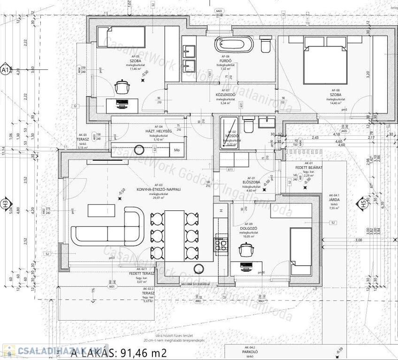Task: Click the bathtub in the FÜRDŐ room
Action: click(234, 45)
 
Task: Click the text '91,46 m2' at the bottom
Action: click(144, 353)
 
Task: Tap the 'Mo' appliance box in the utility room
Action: click(177, 150)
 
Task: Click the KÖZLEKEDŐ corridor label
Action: click(225, 95)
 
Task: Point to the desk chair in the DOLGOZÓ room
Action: click(247, 251)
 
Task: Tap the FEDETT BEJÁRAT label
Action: click(308, 167)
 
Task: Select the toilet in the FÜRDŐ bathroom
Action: click(265, 45)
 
